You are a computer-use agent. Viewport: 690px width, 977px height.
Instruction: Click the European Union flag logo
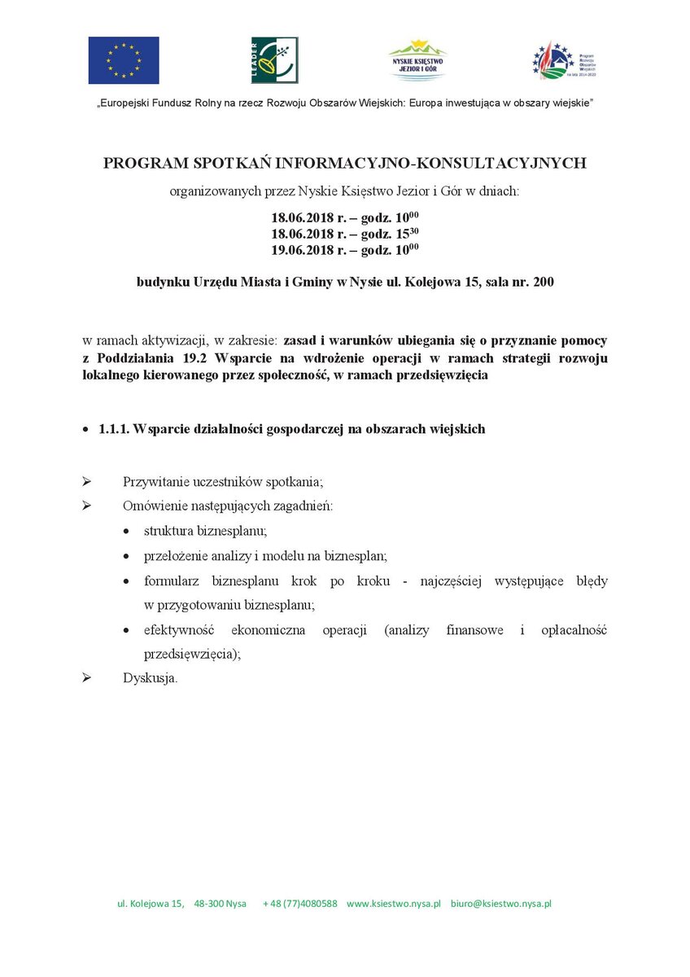pos(124,60)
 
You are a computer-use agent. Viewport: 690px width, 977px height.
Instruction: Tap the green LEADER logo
pos(274,60)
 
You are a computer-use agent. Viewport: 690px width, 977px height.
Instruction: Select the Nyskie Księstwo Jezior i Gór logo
pos(418,60)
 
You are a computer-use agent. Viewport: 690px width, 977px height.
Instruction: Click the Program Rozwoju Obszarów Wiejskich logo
pos(565,60)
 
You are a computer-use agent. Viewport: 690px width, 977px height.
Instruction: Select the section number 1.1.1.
pos(114,429)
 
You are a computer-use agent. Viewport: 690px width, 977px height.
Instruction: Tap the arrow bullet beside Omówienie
pos(86,506)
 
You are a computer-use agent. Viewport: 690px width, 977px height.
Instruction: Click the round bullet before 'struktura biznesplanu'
pos(125,531)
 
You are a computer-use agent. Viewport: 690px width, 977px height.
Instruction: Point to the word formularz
pos(174,581)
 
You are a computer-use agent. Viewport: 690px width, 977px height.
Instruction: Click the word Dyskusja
pos(150,678)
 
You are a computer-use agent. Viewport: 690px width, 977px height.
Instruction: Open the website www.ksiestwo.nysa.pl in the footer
pos(394,904)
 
